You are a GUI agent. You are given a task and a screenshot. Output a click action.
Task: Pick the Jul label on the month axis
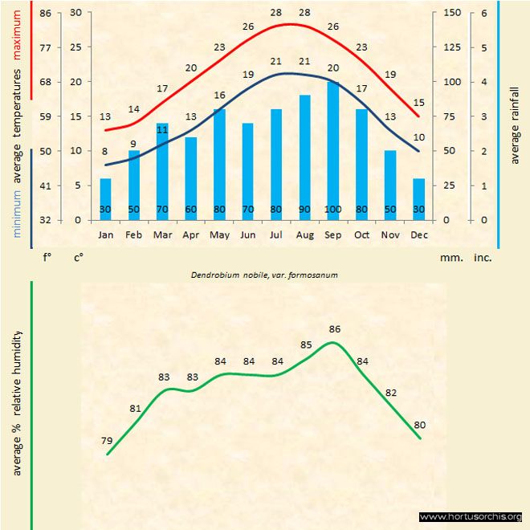(276, 234)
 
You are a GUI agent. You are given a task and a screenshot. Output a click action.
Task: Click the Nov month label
(390, 234)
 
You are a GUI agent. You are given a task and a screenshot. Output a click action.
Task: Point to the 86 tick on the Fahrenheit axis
(45, 13)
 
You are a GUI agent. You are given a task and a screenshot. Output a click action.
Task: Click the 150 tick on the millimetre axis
(452, 13)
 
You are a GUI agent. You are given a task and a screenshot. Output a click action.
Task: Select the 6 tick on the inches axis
(484, 13)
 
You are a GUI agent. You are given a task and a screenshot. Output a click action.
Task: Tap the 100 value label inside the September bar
(332, 210)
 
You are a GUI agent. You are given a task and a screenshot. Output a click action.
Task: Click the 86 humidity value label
(335, 329)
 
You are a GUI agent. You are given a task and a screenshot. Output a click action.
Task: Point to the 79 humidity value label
(106, 440)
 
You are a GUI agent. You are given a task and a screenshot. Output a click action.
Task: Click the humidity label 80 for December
(419, 425)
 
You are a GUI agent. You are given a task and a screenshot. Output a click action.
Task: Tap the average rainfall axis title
(515, 124)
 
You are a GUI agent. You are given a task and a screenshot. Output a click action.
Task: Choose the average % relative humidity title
(16, 402)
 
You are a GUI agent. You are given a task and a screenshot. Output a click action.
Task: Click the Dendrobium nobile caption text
(263, 275)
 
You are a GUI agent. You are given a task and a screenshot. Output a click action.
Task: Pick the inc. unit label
(483, 259)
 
